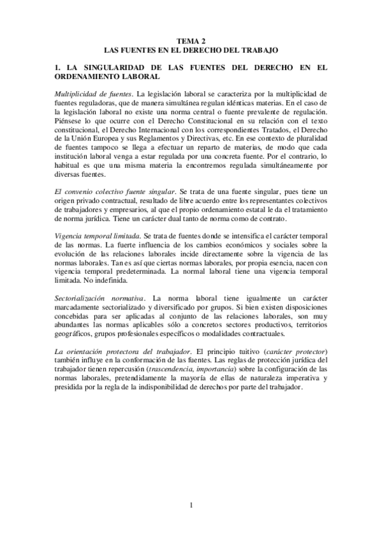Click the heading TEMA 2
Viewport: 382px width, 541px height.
point(191,40)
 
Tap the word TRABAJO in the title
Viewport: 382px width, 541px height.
point(260,48)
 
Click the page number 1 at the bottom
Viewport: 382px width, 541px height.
point(190,506)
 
